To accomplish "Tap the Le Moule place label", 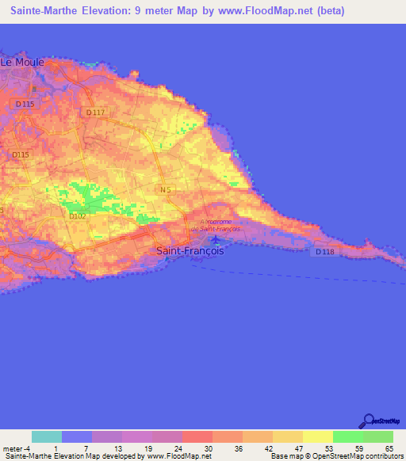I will click(x=22, y=62).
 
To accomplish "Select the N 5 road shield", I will click(x=165, y=190).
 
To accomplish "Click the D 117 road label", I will click(x=94, y=112).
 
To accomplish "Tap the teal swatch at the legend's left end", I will click(x=47, y=436).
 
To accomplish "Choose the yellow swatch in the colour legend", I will click(x=317, y=436).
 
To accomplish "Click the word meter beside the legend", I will click(x=13, y=448).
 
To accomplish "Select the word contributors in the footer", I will click(x=383, y=456).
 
